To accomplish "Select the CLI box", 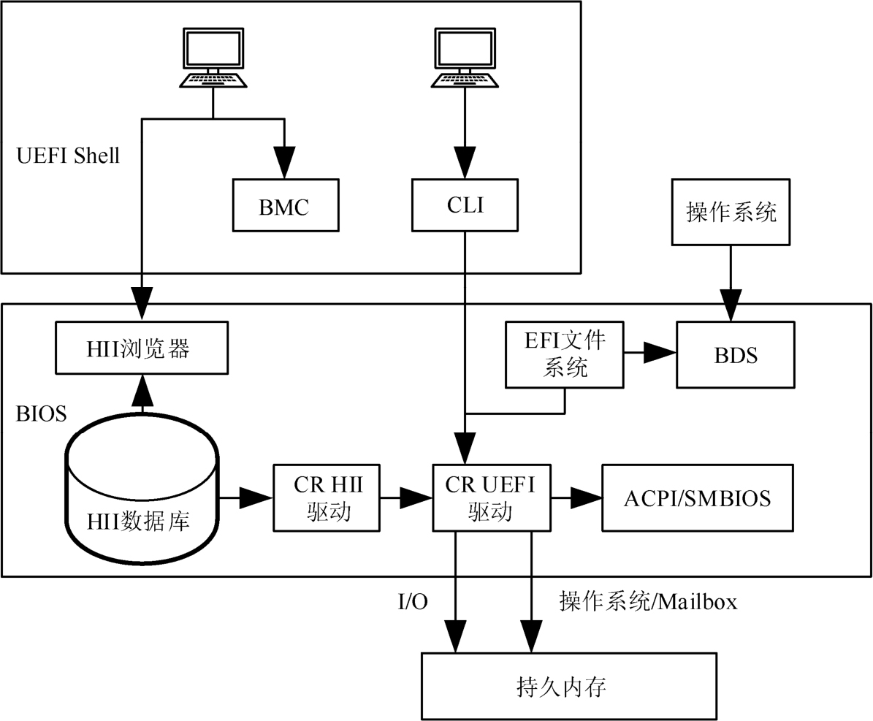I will [x=465, y=205].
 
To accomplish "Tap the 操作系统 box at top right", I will [x=731, y=213].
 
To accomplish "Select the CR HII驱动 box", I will [x=327, y=497].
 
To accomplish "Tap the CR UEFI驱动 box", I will [x=492, y=497].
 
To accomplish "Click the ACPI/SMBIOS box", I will [x=697, y=497].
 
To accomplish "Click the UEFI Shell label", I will [x=67, y=156].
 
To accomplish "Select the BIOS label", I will [x=42, y=414].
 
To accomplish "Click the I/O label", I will [x=413, y=602].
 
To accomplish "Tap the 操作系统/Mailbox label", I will [x=648, y=602].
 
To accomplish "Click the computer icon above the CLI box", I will [x=465, y=56].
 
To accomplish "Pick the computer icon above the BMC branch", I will [x=213, y=56].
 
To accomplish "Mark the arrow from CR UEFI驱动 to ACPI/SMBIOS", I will [x=576, y=497].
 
